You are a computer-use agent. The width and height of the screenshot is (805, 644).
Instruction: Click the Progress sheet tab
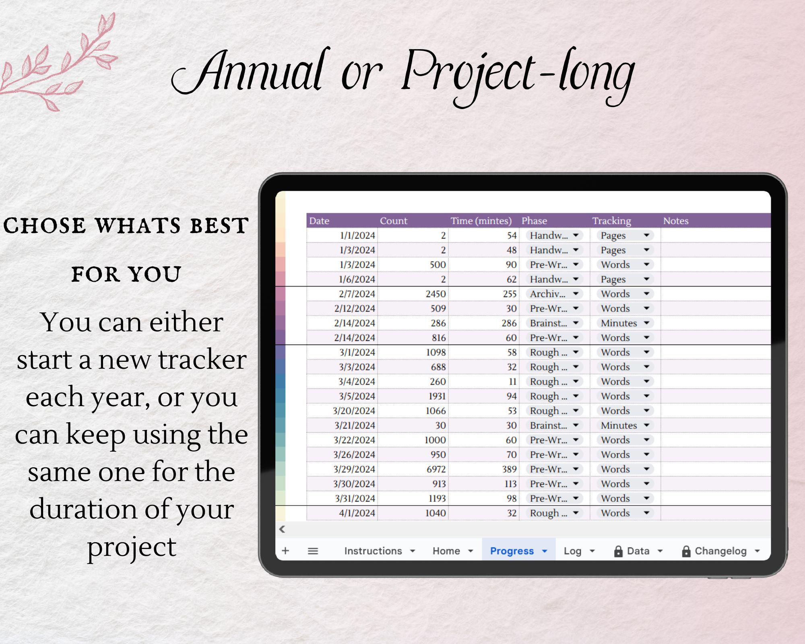512,551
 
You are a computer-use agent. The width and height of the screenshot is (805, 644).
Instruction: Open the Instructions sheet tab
373,551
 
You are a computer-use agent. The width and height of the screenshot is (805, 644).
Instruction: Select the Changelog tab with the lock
720,551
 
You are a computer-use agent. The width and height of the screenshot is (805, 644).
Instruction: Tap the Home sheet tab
446,551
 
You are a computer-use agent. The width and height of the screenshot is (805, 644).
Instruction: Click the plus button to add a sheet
285,551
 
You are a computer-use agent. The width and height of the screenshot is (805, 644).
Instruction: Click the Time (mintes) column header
481,221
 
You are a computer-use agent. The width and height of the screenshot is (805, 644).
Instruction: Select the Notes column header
676,221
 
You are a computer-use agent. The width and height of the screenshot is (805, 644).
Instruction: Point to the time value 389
509,469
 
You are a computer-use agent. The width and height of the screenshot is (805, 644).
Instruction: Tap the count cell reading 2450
436,294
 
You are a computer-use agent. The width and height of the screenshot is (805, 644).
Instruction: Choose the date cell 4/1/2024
357,513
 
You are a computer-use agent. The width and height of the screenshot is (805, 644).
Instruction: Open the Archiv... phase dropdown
554,294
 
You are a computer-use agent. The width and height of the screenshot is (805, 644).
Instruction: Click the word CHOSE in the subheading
44,225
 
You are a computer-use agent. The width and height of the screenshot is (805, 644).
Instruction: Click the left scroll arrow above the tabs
282,529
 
